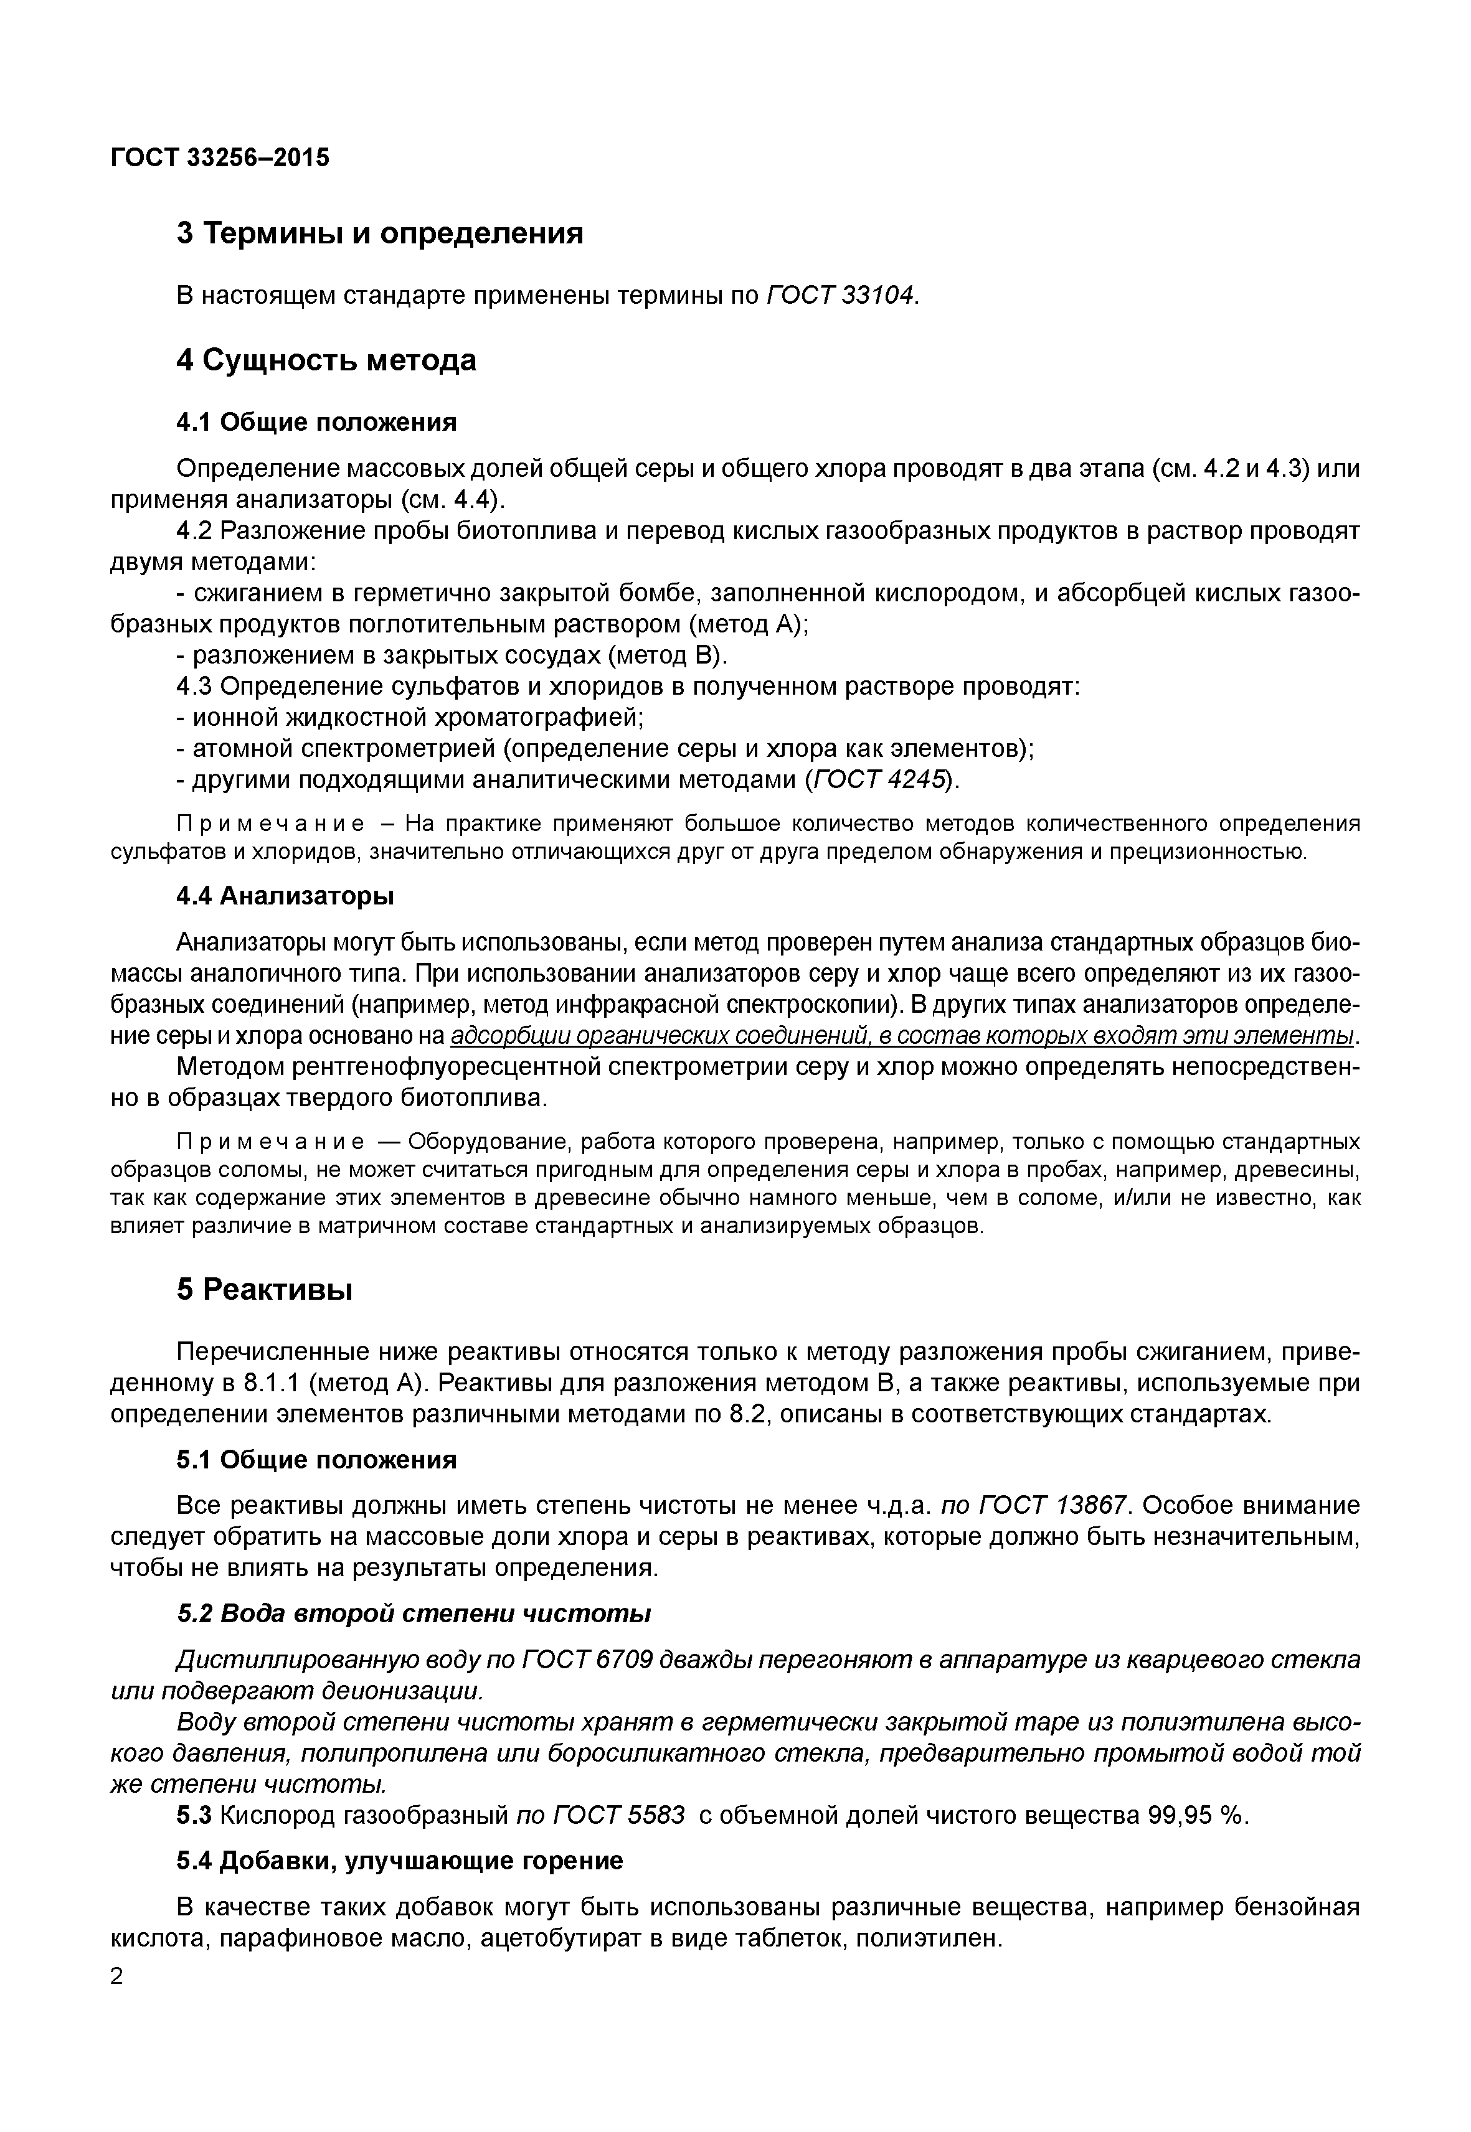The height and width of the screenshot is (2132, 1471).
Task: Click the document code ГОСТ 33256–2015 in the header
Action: click(x=219, y=159)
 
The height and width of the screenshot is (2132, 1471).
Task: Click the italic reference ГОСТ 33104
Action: click(x=841, y=295)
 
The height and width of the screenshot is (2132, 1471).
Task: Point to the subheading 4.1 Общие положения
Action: click(x=316, y=422)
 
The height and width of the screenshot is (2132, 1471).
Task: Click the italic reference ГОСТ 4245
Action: click(x=880, y=779)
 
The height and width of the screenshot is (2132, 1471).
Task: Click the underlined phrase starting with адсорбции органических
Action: click(x=902, y=1036)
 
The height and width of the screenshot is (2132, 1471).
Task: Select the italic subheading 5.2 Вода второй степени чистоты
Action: click(x=414, y=1613)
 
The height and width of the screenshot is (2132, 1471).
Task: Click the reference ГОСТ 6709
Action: click(x=588, y=1660)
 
